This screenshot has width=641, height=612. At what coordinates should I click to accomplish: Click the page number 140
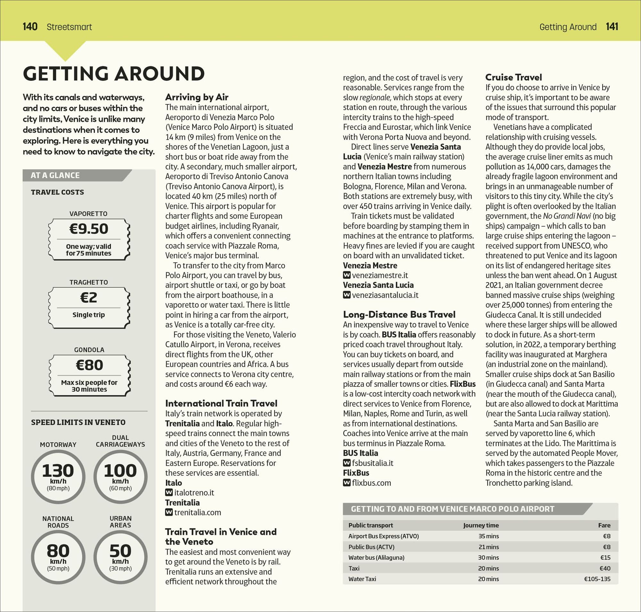pyautogui.click(x=30, y=26)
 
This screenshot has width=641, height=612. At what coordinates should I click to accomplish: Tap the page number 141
pyautogui.click(x=612, y=26)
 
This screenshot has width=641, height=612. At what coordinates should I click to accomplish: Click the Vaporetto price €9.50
pyautogui.click(x=89, y=229)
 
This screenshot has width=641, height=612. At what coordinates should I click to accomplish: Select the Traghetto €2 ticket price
pyautogui.click(x=89, y=298)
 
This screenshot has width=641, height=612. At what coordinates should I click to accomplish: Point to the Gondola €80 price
pyautogui.click(x=89, y=365)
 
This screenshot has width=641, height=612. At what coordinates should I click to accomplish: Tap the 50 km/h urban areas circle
pyautogui.click(x=121, y=557)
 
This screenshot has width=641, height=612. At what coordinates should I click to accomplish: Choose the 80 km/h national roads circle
pyautogui.click(x=58, y=557)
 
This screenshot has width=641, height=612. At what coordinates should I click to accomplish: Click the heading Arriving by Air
pyautogui.click(x=196, y=97)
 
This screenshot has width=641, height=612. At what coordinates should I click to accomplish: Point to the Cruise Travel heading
pyautogui.click(x=513, y=77)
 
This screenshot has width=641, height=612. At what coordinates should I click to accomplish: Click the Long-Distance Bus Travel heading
pyautogui.click(x=399, y=314)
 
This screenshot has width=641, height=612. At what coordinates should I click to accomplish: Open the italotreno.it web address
pyautogui.click(x=194, y=492)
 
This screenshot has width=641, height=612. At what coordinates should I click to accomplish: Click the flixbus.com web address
pyautogui.click(x=371, y=483)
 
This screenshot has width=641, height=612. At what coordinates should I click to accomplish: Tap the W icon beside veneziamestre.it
pyautogui.click(x=346, y=275)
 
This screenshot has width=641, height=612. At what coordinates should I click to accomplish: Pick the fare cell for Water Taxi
pyautogui.click(x=597, y=579)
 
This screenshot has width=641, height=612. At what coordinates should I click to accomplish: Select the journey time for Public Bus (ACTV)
pyautogui.click(x=488, y=547)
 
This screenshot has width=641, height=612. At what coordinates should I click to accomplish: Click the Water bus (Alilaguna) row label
pyautogui.click(x=376, y=558)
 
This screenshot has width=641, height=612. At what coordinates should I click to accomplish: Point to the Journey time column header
pyautogui.click(x=481, y=525)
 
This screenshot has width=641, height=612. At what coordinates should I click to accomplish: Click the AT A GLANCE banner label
pyautogui.click(x=55, y=175)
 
